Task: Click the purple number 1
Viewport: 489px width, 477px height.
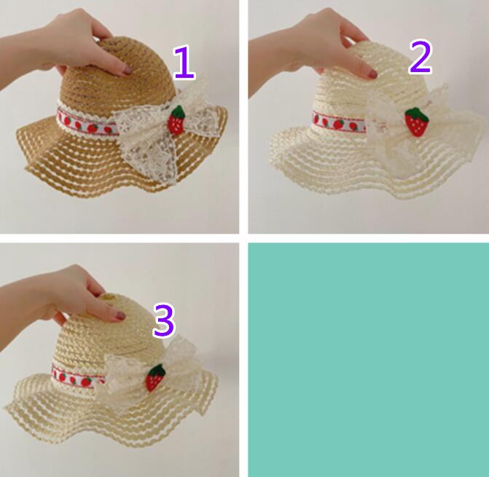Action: tap(184, 63)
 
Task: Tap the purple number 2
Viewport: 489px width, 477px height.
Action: tap(420, 58)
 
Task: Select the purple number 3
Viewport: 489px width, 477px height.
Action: tap(164, 321)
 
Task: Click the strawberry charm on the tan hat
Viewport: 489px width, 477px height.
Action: tap(176, 120)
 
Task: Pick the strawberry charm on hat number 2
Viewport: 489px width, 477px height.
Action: tap(417, 122)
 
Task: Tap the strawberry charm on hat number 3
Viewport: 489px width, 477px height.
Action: tap(156, 378)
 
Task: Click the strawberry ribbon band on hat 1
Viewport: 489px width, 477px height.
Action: tap(88, 123)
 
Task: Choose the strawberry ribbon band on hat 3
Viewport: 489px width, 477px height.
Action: tap(78, 378)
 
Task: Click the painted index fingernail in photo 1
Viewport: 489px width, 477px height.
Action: tap(127, 70)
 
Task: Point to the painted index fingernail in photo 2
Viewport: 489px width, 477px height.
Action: tap(372, 74)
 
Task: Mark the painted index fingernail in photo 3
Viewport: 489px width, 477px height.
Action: tap(120, 316)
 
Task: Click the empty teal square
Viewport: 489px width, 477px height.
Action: tap(368, 360)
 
